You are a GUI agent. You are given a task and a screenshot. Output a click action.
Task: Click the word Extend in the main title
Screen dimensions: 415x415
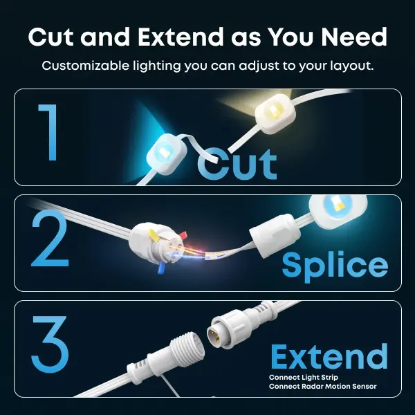[x=181, y=37]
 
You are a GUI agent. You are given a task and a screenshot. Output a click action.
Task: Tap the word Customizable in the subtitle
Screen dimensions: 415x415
[x=85, y=66]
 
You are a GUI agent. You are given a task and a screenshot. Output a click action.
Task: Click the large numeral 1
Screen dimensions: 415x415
[x=48, y=132]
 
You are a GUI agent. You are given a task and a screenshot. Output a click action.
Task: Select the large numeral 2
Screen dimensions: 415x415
[x=50, y=238]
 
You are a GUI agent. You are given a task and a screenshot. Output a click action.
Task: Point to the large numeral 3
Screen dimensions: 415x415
[x=50, y=344]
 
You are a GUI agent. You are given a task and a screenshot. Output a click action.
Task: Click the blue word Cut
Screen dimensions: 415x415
[x=237, y=164]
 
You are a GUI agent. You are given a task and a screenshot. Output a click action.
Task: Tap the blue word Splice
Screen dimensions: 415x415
[x=335, y=266]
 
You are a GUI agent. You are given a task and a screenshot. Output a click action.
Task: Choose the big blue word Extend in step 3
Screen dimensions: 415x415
[x=329, y=356]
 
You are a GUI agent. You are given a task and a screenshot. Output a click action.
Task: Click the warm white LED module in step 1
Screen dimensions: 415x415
[x=275, y=113]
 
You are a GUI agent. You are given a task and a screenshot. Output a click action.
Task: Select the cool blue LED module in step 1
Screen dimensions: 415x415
[x=166, y=154]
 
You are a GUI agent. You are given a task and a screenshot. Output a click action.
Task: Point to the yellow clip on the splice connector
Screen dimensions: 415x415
[x=154, y=236]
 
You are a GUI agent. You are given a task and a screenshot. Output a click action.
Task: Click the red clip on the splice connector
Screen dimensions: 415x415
[x=183, y=235]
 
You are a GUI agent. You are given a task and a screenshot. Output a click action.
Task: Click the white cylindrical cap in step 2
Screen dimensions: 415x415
[x=275, y=236]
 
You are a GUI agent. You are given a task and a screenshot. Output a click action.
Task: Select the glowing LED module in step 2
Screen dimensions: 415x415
[x=338, y=211]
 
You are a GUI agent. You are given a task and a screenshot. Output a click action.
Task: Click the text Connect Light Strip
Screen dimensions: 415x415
[x=304, y=378]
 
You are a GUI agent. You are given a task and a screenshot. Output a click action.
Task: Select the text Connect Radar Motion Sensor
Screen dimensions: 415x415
[x=322, y=387]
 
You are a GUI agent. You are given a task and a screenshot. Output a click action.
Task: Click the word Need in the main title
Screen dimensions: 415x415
[x=354, y=37]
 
